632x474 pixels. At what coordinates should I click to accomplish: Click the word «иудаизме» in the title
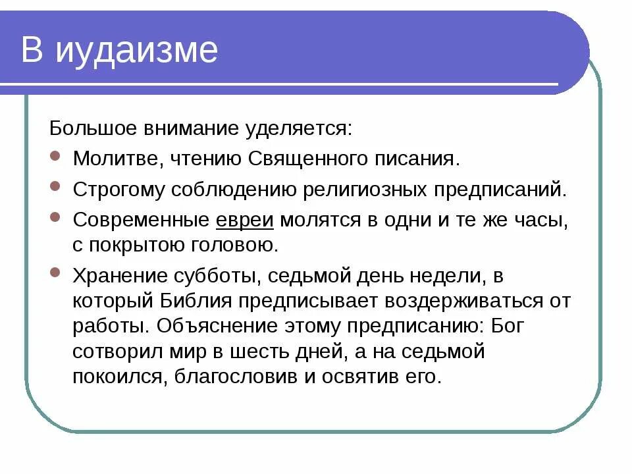coord(136,51)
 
